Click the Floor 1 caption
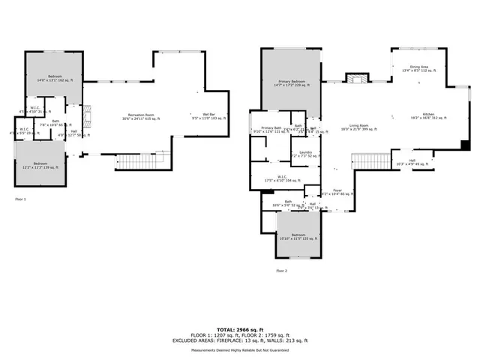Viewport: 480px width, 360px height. [x=20, y=199]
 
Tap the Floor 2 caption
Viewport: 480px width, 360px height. [x=281, y=270]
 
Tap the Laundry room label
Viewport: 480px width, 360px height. [x=305, y=154]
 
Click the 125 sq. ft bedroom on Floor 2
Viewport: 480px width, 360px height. [x=298, y=236]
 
